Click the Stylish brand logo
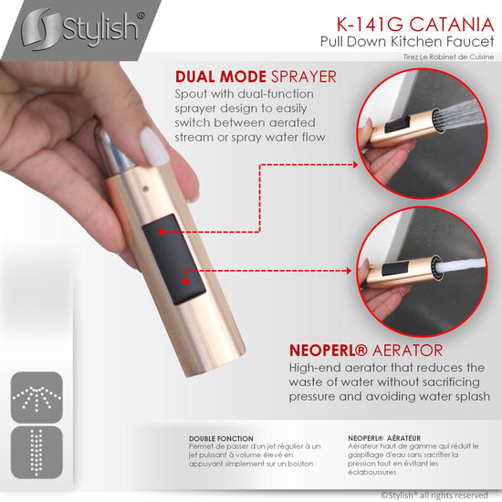pyautogui.click(x=81, y=29)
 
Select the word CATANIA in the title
pyautogui.click(x=452, y=25)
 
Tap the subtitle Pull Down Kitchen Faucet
pyautogui.click(x=407, y=42)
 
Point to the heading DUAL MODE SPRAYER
pyautogui.click(x=256, y=77)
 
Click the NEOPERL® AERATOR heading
pyautogui.click(x=366, y=350)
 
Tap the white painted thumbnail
pyautogui.click(x=154, y=146)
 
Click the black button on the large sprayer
pyautogui.click(x=173, y=259)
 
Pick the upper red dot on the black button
pyautogui.click(x=162, y=232)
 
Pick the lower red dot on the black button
pyautogui.click(x=185, y=281)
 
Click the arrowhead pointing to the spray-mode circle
pyautogui.click(x=355, y=165)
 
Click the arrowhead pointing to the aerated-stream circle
pyautogui.click(x=349, y=271)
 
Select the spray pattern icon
pyautogui.click(x=37, y=397)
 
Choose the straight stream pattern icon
pyautogui.click(x=37, y=452)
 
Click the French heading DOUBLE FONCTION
pyautogui.click(x=221, y=439)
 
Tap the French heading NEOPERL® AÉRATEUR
pyautogui.click(x=384, y=438)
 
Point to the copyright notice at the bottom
pyautogui.click(x=434, y=495)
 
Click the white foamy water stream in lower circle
pyautogui.click(x=461, y=265)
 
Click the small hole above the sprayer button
pyautogui.click(x=146, y=189)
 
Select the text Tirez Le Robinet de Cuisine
pyautogui.click(x=448, y=57)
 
